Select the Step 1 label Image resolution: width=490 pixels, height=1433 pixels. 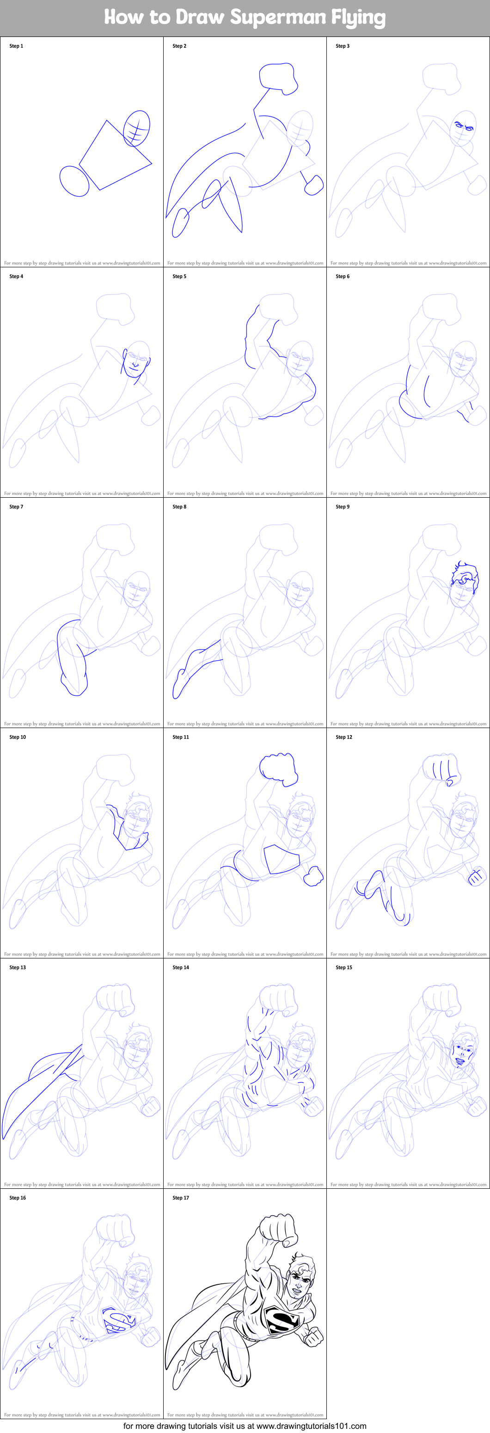(16, 46)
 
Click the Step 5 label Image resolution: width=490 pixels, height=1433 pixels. (179, 277)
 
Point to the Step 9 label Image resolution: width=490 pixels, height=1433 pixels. (343, 507)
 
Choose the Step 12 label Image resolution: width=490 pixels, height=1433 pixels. (343, 737)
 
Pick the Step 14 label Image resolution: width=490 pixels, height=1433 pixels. (180, 967)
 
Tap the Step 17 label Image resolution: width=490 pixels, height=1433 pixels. (180, 1198)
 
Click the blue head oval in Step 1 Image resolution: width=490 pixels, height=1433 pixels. (136, 128)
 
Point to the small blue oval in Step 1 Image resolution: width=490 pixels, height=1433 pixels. (74, 181)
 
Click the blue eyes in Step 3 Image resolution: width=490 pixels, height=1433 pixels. (464, 126)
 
